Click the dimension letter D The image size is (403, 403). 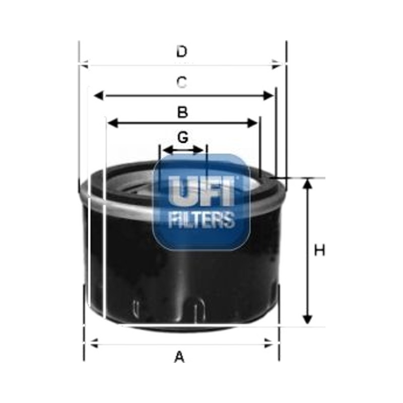(x=182, y=51)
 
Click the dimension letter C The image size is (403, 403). (x=182, y=82)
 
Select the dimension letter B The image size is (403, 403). (x=182, y=112)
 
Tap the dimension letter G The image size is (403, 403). (x=183, y=137)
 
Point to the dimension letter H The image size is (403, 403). (x=320, y=250)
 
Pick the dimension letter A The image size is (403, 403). (x=179, y=357)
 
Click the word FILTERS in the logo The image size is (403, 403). (x=201, y=220)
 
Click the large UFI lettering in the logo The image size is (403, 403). (x=201, y=191)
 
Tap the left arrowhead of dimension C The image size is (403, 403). (x=99, y=96)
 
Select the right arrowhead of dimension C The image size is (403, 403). (x=268, y=96)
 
